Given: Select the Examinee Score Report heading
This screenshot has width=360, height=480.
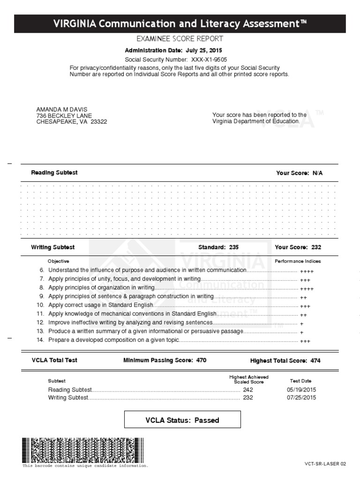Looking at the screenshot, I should [180, 39].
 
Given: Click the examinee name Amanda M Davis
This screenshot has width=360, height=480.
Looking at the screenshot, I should [62, 110].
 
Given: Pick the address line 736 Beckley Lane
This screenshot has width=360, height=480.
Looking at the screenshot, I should [64, 116].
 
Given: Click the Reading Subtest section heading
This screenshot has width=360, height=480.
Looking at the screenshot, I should [54, 172].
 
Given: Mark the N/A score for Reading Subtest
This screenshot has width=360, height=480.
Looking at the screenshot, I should [318, 173].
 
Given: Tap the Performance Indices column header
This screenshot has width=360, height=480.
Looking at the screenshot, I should [298, 261].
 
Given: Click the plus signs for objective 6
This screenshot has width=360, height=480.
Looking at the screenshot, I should [307, 271].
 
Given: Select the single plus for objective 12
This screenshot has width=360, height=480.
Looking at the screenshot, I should [301, 323].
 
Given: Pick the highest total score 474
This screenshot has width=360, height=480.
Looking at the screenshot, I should [315, 361].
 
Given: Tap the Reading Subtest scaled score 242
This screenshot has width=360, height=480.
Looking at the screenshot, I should [248, 390].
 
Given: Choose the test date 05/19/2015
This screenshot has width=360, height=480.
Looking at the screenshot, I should [301, 390].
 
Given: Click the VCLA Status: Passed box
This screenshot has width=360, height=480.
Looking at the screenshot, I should [182, 420].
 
